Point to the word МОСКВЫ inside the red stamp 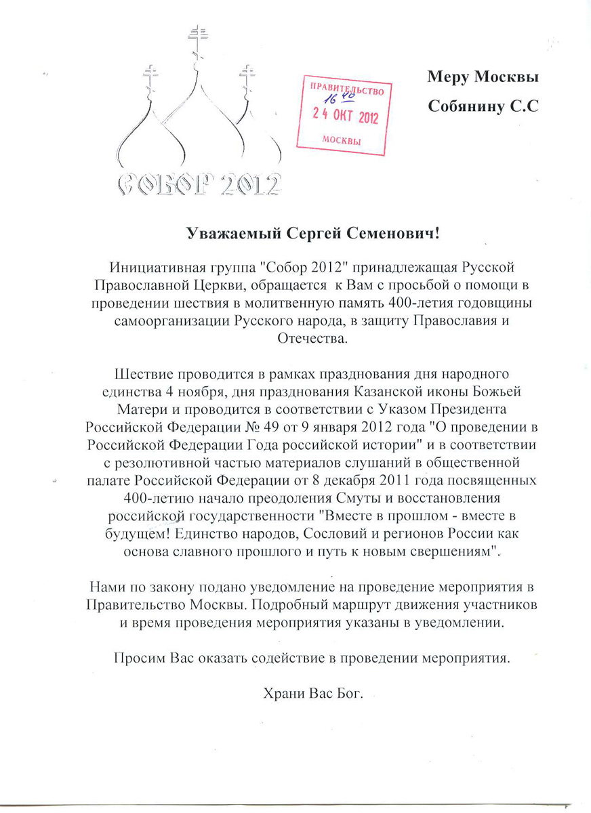tap(340, 141)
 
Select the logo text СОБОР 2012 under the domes tap(199, 182)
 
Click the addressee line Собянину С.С tap(483, 106)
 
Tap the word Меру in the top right tap(448, 77)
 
